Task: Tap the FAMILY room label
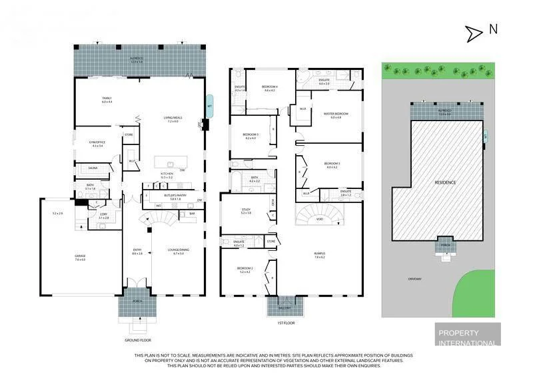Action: click(107, 99)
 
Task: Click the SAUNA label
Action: click(93, 169)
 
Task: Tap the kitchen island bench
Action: click(171, 163)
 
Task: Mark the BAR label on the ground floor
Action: click(192, 214)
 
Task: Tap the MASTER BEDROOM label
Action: click(335, 114)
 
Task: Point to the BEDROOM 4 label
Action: click(269, 88)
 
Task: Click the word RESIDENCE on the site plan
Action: click(446, 182)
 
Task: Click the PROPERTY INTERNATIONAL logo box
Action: click(466, 335)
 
